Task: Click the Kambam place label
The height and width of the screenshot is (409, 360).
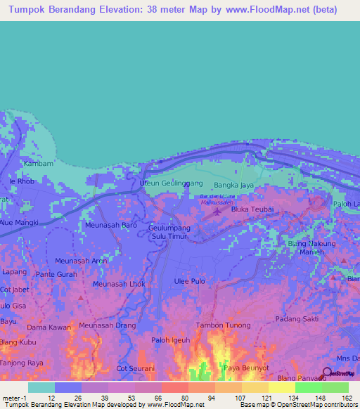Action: point(34,163)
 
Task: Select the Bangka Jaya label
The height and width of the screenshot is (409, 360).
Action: point(233,186)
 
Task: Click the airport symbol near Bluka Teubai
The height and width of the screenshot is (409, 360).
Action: point(217,210)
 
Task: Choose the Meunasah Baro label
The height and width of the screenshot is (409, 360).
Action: point(110,225)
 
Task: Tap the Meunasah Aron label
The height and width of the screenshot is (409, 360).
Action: point(81,260)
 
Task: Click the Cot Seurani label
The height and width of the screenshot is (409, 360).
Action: point(136,368)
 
